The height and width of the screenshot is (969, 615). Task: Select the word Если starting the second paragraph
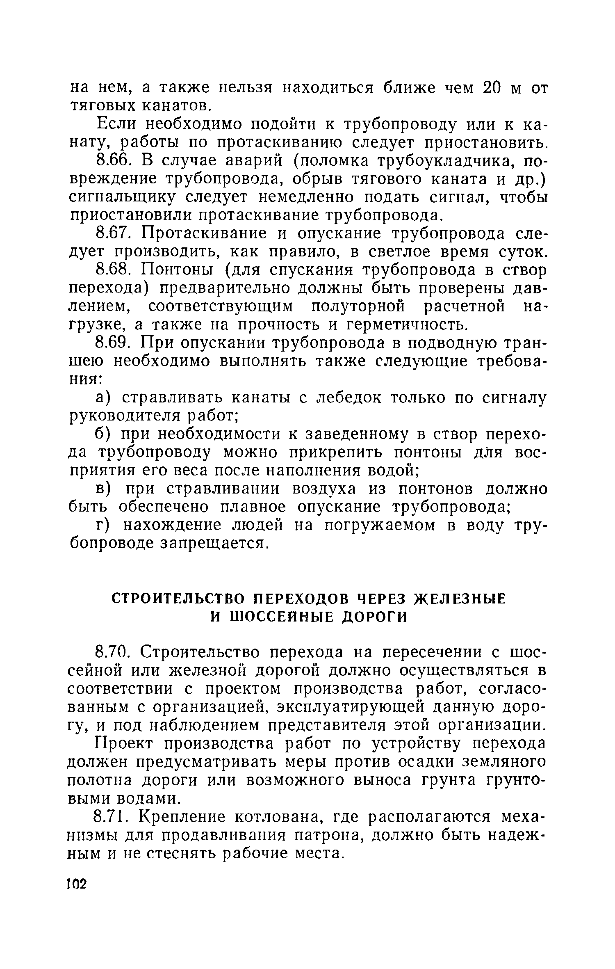pyautogui.click(x=116, y=124)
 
